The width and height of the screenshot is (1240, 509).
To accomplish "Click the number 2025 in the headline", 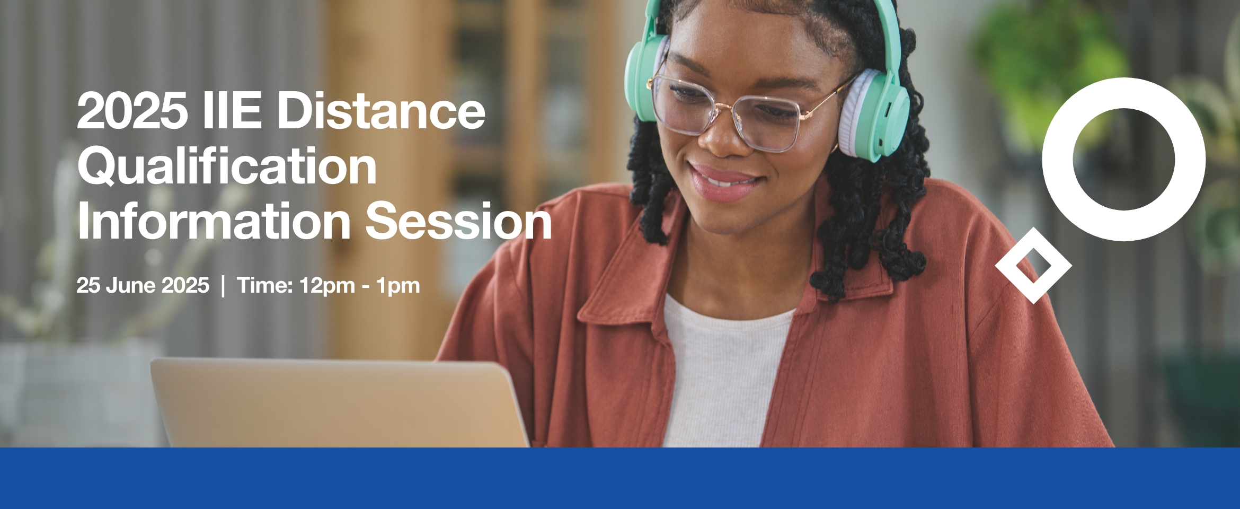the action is tap(132, 110).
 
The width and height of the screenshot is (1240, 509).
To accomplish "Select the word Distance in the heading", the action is tap(381, 110).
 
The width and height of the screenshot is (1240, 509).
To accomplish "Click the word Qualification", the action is tap(227, 166).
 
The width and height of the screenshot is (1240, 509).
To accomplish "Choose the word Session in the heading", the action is tap(459, 221).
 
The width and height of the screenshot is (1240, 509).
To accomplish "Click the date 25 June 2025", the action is tap(143, 285).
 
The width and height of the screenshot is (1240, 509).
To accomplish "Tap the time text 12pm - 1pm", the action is tap(359, 286).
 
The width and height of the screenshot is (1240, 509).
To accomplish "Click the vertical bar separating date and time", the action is tap(223, 286).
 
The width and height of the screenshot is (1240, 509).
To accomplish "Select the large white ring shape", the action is tap(1058, 159).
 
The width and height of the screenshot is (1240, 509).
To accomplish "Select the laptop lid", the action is tap(339, 403).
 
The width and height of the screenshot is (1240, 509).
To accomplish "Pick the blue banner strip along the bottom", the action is tap(620, 478).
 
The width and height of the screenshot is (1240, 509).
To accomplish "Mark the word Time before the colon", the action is tap(262, 285).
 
